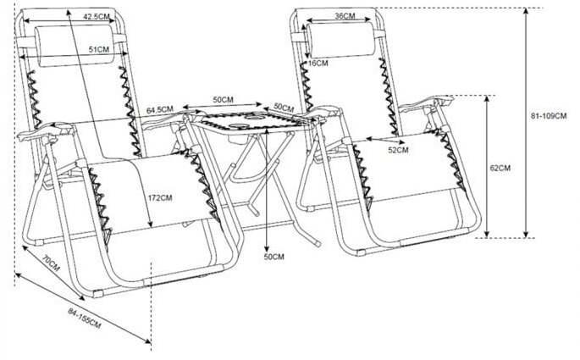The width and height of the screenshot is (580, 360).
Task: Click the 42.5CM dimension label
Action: coord(97,17)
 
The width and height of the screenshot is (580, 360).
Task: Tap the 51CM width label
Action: coord(99,49)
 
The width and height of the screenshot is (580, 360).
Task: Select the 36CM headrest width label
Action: coord(345,16)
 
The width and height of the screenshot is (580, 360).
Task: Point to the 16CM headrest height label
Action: coord(318,64)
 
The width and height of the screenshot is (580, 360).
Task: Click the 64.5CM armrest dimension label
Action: coord(160,110)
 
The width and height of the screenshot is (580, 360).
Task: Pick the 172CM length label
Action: coord(160,198)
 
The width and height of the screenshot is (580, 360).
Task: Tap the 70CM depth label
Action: coord(50,263)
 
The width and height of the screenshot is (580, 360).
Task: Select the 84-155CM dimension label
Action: coord(85,318)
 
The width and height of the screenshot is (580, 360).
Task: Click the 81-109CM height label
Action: coord(549,116)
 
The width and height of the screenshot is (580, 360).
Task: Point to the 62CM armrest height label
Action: coord(500,168)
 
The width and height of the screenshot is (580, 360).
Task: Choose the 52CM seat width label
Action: coord(399,150)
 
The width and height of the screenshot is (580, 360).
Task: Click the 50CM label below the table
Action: coord(274,257)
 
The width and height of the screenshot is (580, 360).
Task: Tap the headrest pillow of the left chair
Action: coord(75,46)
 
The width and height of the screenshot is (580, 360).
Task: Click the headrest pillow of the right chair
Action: coord(340,40)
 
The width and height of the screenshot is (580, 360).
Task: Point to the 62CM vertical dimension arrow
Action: coord(487,167)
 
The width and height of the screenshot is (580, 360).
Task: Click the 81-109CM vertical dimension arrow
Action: coord(526,123)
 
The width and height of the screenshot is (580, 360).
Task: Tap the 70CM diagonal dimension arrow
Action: coord(52,272)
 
